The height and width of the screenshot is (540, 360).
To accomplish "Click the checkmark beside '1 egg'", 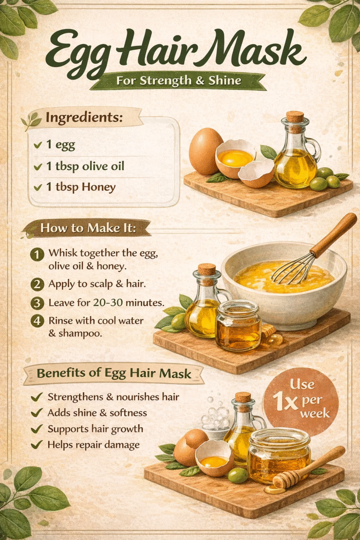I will tap(37, 145).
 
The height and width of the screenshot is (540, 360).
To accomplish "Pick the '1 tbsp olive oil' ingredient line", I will tap(85, 166).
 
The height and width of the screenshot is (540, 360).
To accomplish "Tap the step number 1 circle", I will tap(37, 255).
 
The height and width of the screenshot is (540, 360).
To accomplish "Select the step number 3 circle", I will tap(37, 303).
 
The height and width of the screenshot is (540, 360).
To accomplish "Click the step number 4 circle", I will tap(37, 322).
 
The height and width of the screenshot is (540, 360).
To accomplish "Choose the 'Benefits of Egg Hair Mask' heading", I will tap(114, 374).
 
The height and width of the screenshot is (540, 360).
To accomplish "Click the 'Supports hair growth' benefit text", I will tap(95, 428).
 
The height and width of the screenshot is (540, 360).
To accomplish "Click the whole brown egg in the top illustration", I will tap(205, 151).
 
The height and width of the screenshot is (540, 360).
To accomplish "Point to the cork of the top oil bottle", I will tap(295, 117).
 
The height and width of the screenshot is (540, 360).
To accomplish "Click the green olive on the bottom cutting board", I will tap(238, 475).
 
